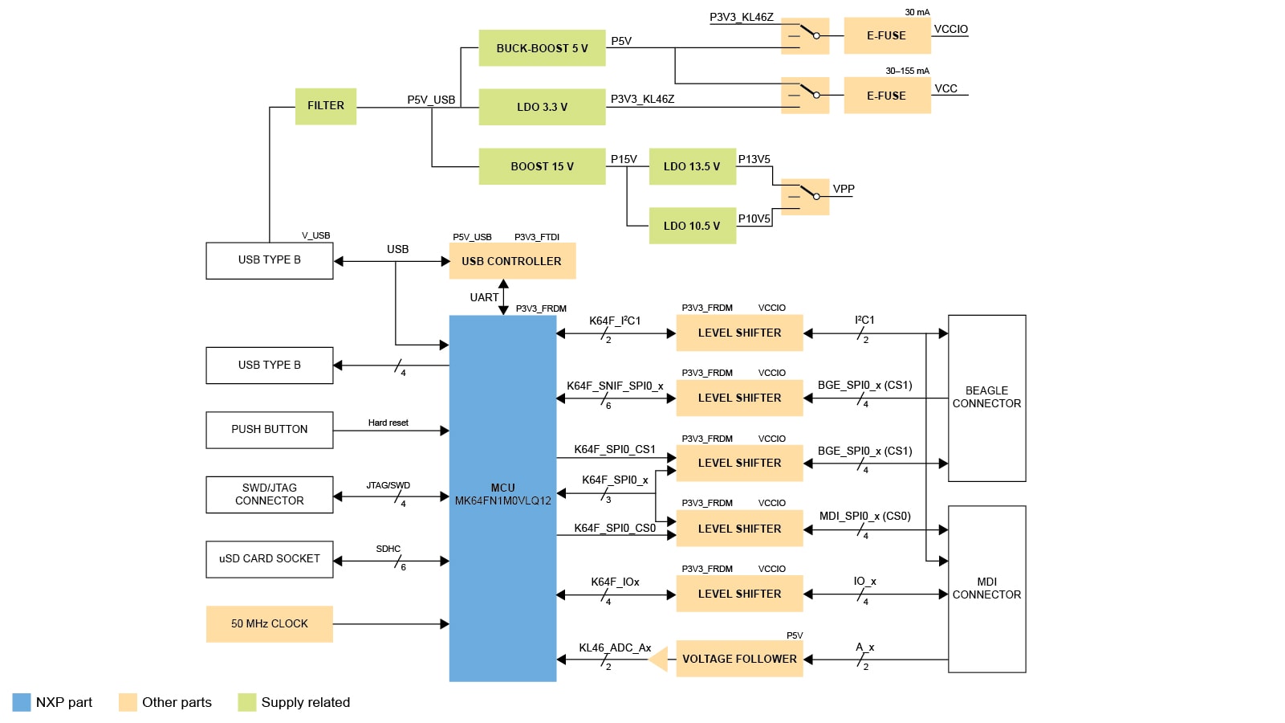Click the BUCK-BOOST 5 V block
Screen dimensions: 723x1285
[x=542, y=48]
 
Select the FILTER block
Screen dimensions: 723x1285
[x=325, y=106]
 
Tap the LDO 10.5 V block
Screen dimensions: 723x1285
[x=692, y=226]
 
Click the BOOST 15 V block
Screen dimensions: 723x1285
[x=542, y=166]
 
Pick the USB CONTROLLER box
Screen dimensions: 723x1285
[x=512, y=261]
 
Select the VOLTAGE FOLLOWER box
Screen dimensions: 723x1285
[x=739, y=659]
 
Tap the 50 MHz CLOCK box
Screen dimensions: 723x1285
[x=270, y=623]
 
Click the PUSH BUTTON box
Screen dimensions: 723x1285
[x=270, y=430]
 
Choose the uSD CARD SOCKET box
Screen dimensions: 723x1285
[x=270, y=559]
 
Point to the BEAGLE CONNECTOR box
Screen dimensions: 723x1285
[x=986, y=398]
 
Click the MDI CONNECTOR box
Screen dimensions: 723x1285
[x=986, y=589]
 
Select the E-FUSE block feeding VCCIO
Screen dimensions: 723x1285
[x=886, y=36]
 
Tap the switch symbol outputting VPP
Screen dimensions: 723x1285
[x=805, y=197]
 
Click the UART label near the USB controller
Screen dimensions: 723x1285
[x=484, y=297]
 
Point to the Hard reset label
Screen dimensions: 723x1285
[x=388, y=423]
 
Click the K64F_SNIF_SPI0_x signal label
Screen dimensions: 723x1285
[x=615, y=386]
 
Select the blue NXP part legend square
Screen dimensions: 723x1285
[x=22, y=702]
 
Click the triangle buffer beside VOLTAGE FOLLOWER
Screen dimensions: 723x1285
[x=659, y=660]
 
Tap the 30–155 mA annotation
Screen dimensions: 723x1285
[x=907, y=71]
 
